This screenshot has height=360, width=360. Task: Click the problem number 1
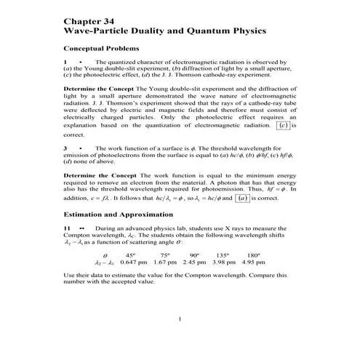[65, 63]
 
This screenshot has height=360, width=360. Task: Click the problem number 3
[65, 148]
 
